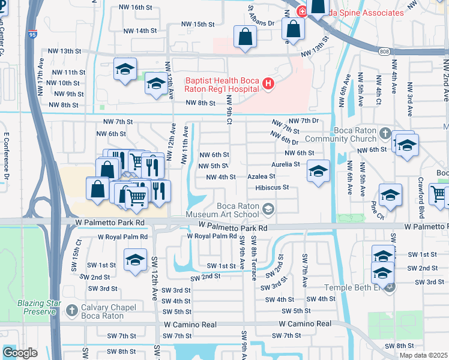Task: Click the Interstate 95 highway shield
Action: click(32, 35)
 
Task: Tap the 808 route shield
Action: click(384, 52)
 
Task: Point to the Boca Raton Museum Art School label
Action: click(226, 209)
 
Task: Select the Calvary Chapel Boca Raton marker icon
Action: click(70, 310)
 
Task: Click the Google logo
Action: click(20, 353)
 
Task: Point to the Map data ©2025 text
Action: click(423, 355)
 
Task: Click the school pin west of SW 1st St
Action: click(136, 260)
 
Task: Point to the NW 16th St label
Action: click(133, 7)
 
